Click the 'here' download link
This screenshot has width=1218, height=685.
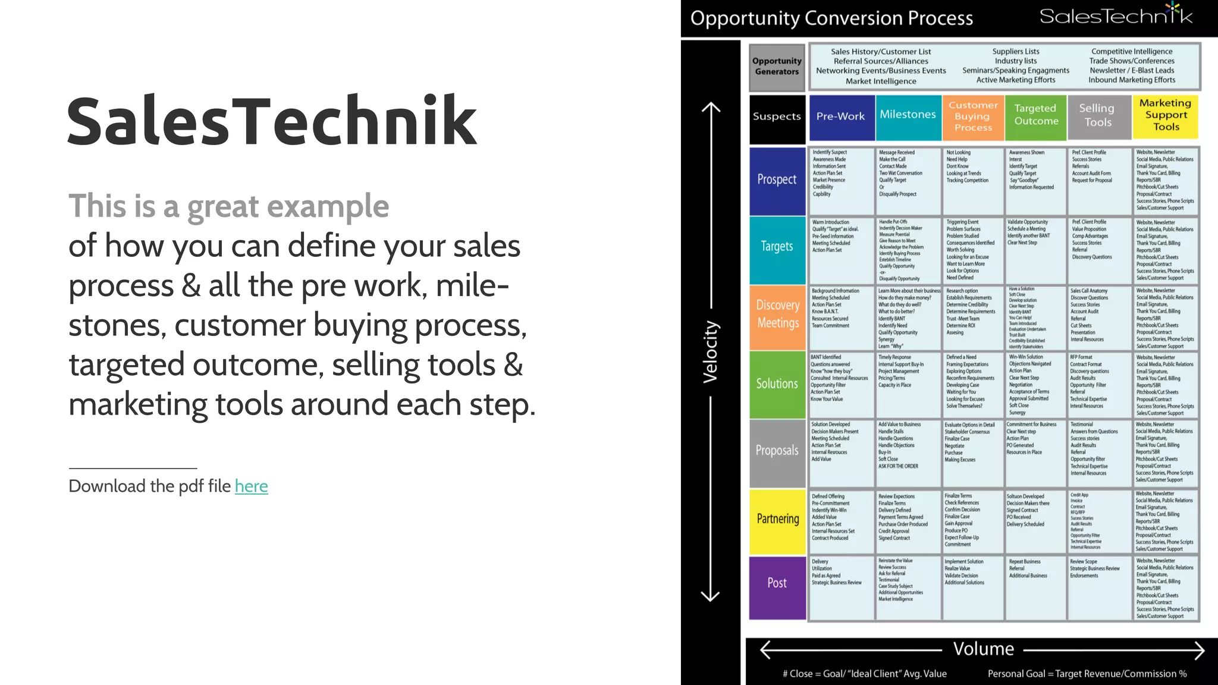tap(251, 486)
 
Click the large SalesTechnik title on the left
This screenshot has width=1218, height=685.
tap(272, 121)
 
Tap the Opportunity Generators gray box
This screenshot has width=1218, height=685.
tap(777, 67)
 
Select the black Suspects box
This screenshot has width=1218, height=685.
tap(777, 117)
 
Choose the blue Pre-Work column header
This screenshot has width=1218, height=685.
tap(840, 117)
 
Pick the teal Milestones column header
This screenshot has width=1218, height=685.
tap(908, 115)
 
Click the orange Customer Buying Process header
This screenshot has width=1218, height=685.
tap(973, 117)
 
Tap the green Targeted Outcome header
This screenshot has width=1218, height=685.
tap(1036, 115)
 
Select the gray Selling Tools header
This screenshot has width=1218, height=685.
tap(1097, 116)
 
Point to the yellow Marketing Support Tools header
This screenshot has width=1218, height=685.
tap(1166, 115)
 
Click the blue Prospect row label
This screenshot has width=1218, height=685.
tap(777, 180)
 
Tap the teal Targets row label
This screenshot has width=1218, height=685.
tap(777, 247)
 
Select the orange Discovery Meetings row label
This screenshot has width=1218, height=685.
tap(777, 315)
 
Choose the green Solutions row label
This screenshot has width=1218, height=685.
tap(777, 384)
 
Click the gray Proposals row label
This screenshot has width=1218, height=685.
tap(777, 451)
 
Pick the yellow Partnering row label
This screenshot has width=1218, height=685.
tap(777, 519)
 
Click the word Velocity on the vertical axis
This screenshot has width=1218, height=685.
tap(711, 352)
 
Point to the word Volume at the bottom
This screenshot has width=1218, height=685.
tap(983, 649)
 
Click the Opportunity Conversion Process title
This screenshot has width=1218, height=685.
tap(831, 19)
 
